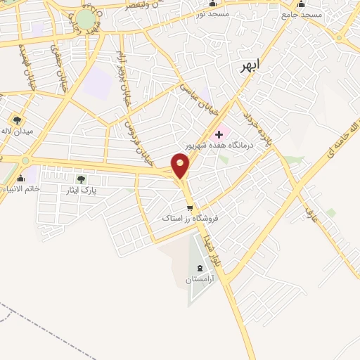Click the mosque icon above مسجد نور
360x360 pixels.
(212, 4)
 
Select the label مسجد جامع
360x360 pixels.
(302, 14)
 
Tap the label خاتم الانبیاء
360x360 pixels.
(22, 188)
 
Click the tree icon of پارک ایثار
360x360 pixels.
(80, 180)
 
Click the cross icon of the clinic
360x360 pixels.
(219, 134)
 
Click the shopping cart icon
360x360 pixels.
(190, 208)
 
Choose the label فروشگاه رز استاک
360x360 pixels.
(191, 219)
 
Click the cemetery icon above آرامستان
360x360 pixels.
(199, 269)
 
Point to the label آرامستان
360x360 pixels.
(199, 279)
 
